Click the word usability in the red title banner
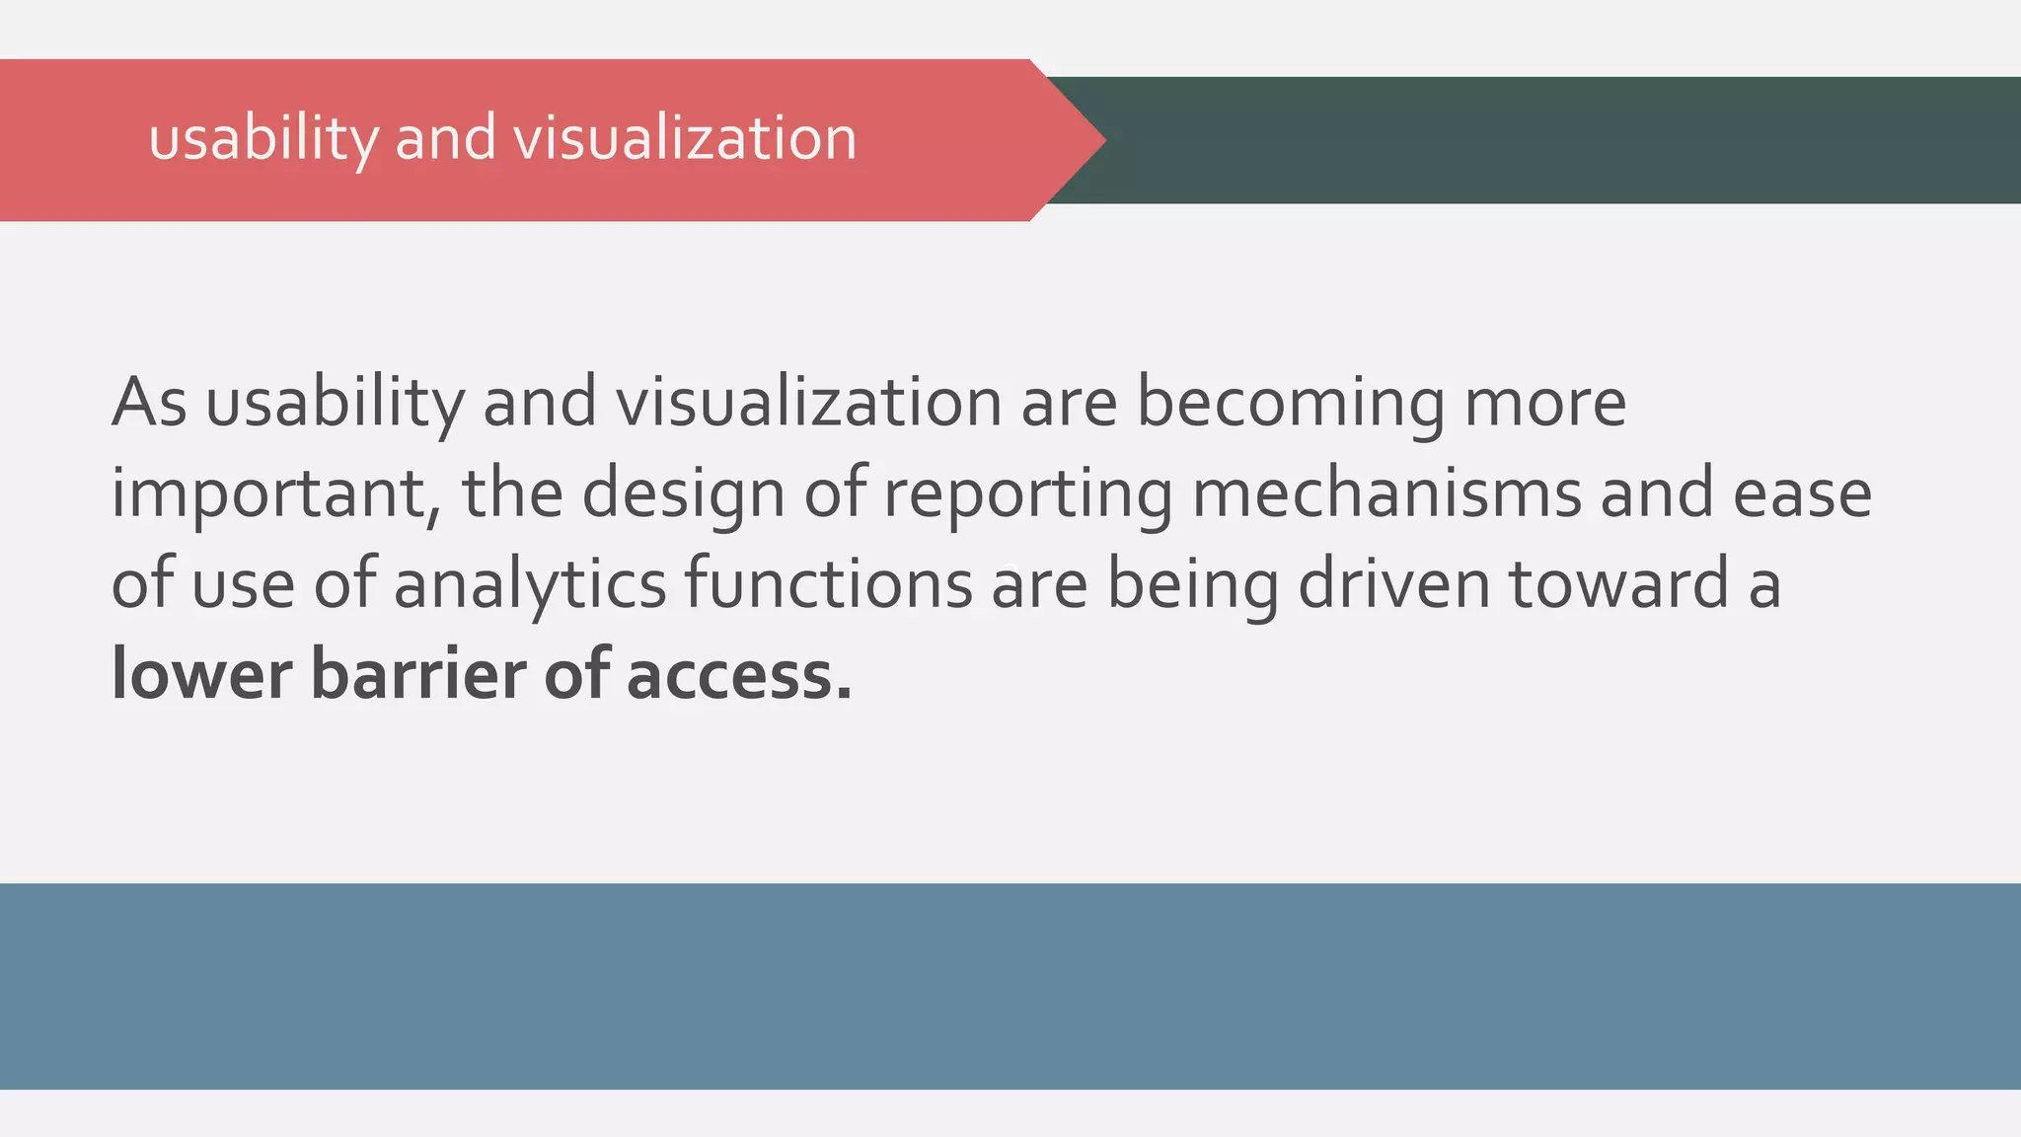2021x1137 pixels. click(263, 138)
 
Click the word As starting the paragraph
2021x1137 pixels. click(149, 403)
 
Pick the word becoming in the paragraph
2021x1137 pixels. click(1291, 403)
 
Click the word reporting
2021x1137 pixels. click(1027, 493)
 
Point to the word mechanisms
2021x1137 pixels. click(1386, 493)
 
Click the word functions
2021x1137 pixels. click(829, 584)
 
